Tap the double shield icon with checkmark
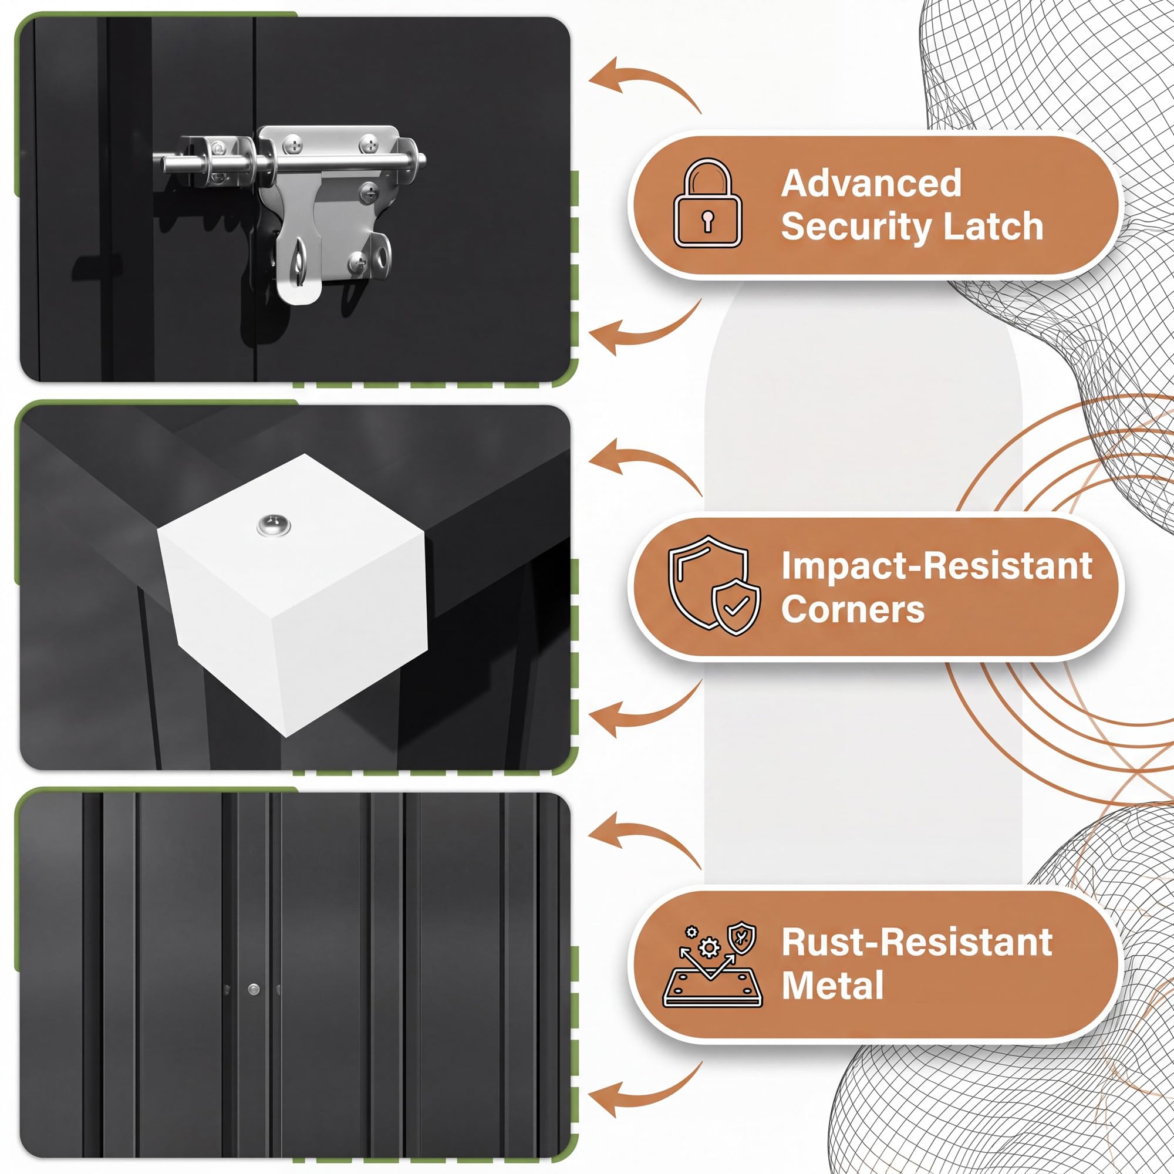click(x=714, y=585)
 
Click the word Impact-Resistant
click(x=936, y=566)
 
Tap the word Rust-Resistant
click(x=916, y=943)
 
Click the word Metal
click(x=832, y=985)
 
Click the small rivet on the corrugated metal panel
click(x=254, y=990)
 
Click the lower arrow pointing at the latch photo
click(x=645, y=329)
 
